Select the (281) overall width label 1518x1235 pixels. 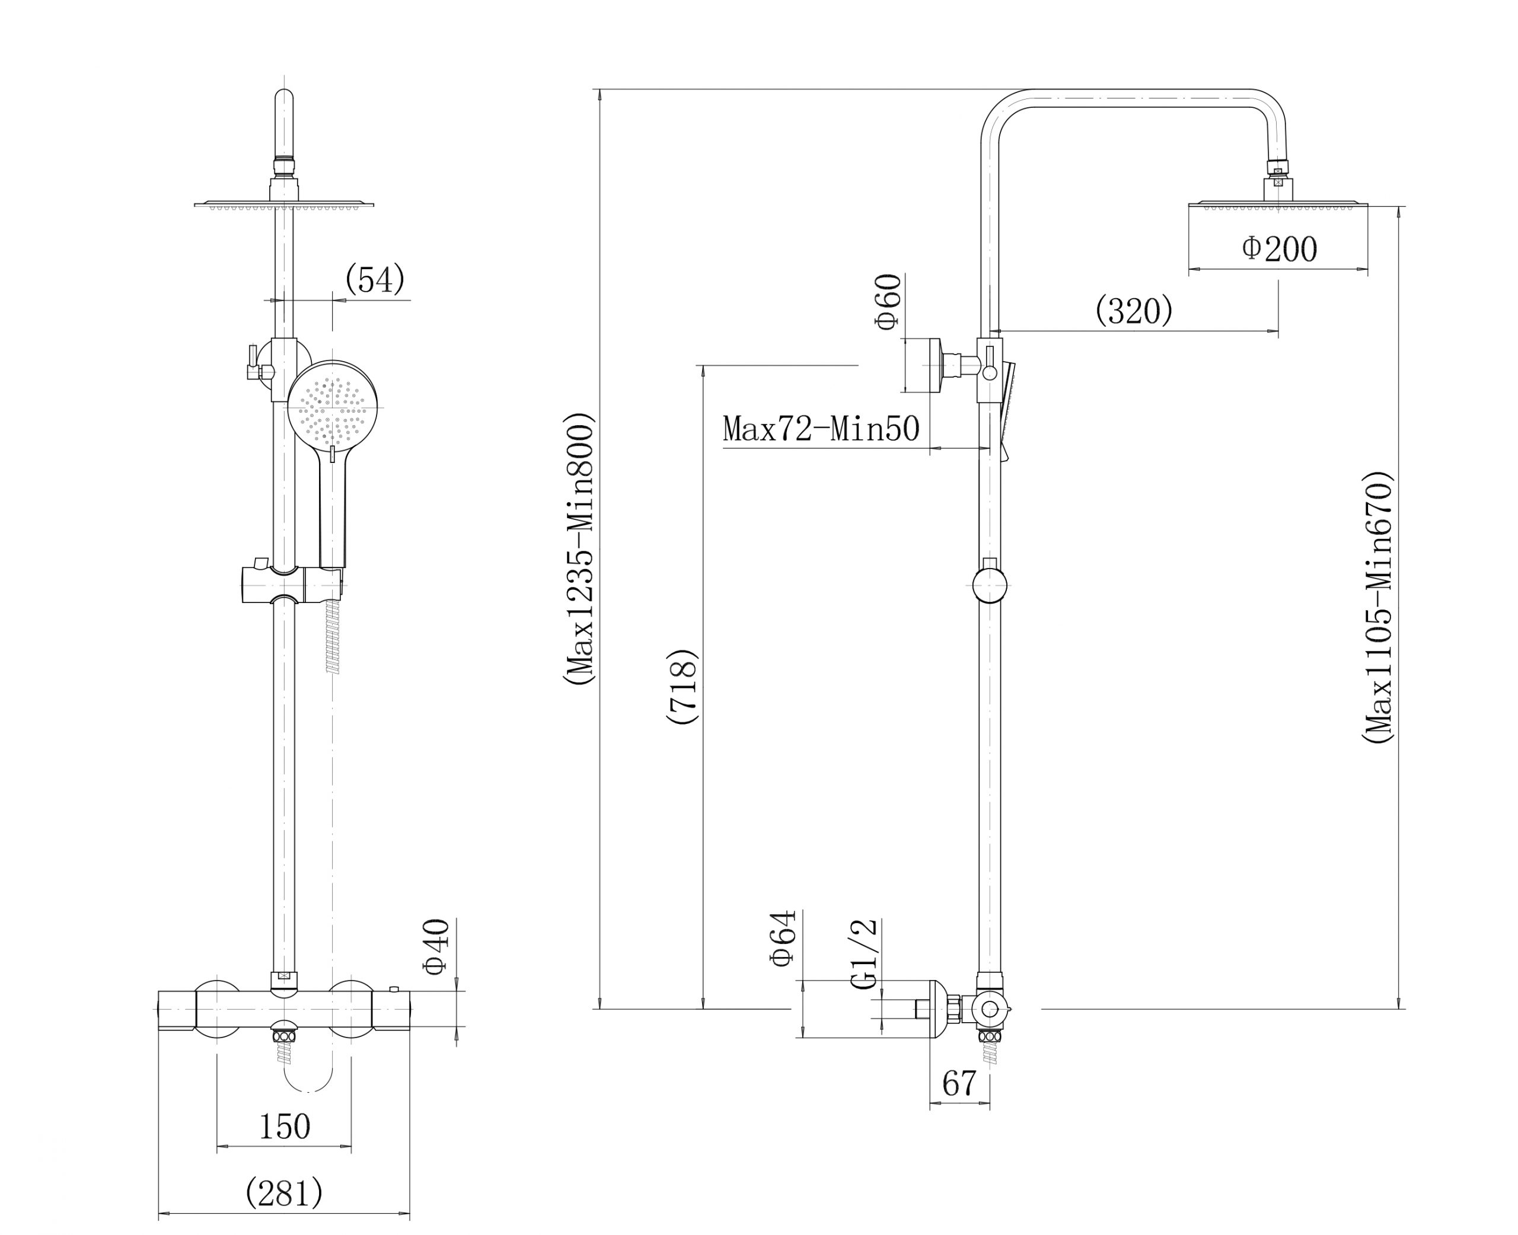[284, 1192]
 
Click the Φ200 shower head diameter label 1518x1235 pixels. [1279, 249]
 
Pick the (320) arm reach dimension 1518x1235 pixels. [1134, 310]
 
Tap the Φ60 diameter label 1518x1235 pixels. [888, 302]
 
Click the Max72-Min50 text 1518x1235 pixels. [821, 429]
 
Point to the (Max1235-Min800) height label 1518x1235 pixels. [577, 549]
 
